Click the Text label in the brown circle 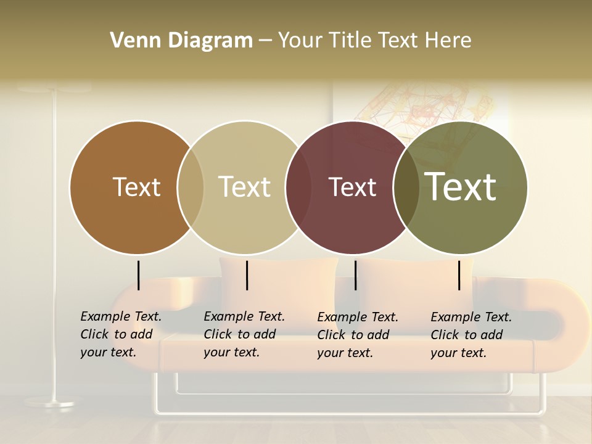(136, 187)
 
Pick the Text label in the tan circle (244, 187)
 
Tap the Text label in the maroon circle (352, 187)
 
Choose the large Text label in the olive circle (461, 186)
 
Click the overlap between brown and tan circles (191, 187)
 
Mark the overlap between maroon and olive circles (406, 187)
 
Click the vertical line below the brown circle (138, 275)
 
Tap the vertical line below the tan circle (247, 275)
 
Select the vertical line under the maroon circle (355, 275)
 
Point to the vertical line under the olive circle (459, 275)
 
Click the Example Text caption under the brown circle (121, 334)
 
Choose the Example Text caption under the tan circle (244, 334)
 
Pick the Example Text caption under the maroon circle (358, 335)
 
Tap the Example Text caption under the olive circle (471, 335)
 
